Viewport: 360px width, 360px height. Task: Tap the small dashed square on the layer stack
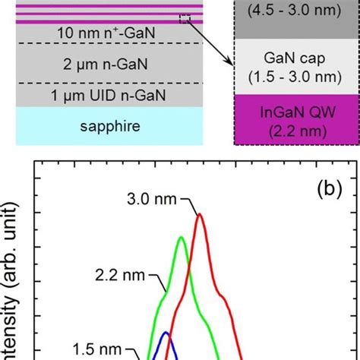(x=184, y=19)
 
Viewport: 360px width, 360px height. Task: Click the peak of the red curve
(x=200, y=214)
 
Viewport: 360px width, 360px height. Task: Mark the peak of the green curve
(x=181, y=238)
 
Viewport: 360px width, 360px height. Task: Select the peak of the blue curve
(x=166, y=332)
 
